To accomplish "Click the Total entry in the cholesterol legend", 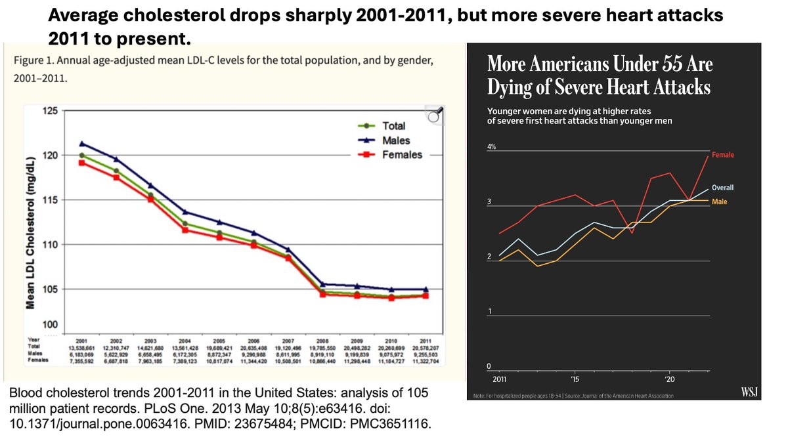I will point(393,125).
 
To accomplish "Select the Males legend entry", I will point(397,140).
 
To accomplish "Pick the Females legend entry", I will point(402,155).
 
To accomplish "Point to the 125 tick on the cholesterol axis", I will point(49,110).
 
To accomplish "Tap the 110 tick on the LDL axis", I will point(49,245).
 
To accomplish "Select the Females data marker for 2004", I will point(185,230).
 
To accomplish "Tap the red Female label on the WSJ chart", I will point(724,155).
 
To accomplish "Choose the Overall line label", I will point(723,188).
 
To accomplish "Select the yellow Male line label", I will point(720,201).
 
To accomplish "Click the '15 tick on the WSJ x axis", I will point(575,379).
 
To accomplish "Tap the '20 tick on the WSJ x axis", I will point(668,379).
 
